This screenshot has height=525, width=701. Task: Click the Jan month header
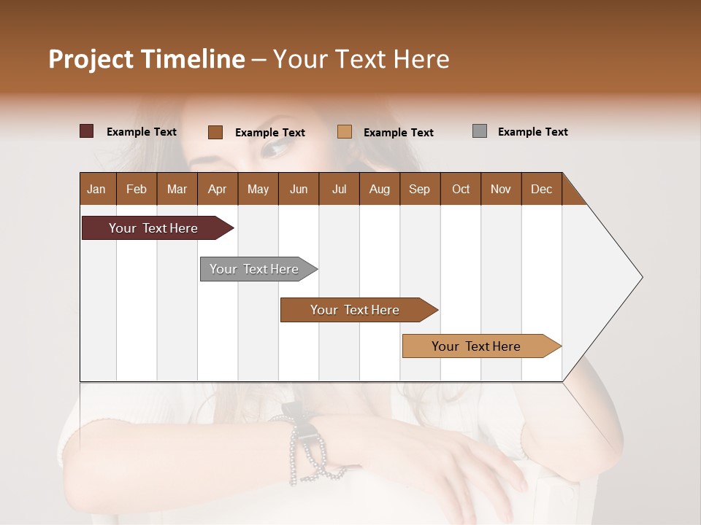[96, 189]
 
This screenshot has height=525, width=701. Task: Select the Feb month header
[137, 189]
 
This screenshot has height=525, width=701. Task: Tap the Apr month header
[217, 189]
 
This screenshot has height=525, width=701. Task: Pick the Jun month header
[299, 189]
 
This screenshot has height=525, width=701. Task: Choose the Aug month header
[379, 189]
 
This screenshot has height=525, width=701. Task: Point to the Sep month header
[419, 189]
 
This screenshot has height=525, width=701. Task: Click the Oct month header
[461, 189]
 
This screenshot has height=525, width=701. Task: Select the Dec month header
[541, 189]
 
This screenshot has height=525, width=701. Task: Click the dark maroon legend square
[86, 131]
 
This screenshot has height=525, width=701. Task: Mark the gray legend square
[479, 131]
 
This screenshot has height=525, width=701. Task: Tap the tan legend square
[345, 131]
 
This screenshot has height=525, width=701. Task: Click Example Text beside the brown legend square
[269, 133]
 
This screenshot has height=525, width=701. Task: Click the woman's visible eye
[275, 149]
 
